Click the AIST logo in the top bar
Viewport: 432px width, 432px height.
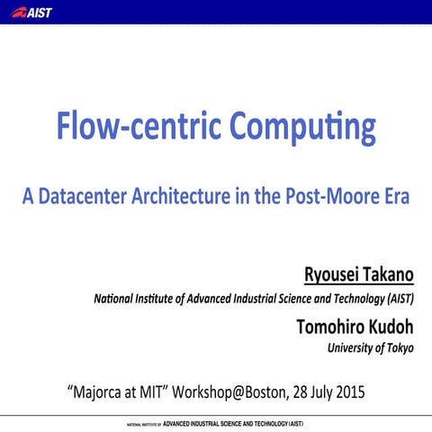pos(34,12)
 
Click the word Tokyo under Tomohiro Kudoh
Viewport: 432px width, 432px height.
pos(400,348)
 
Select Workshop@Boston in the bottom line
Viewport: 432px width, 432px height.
pos(230,393)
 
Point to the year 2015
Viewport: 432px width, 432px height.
pos(349,393)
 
